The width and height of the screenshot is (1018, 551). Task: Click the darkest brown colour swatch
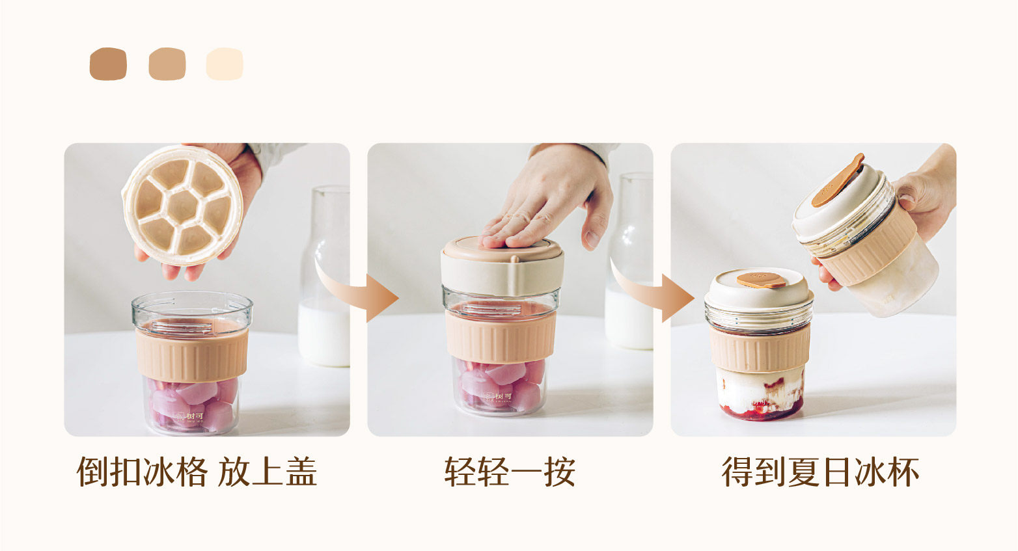point(108,64)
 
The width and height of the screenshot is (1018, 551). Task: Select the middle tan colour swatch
point(167,64)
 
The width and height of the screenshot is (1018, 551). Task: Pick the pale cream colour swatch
point(225,64)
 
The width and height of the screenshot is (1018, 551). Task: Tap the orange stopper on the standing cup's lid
point(762,280)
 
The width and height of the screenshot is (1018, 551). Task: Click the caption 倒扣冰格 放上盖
point(197,472)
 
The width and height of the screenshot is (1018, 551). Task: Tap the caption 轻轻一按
point(510,472)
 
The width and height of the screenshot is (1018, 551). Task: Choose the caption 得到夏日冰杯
point(820,472)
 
